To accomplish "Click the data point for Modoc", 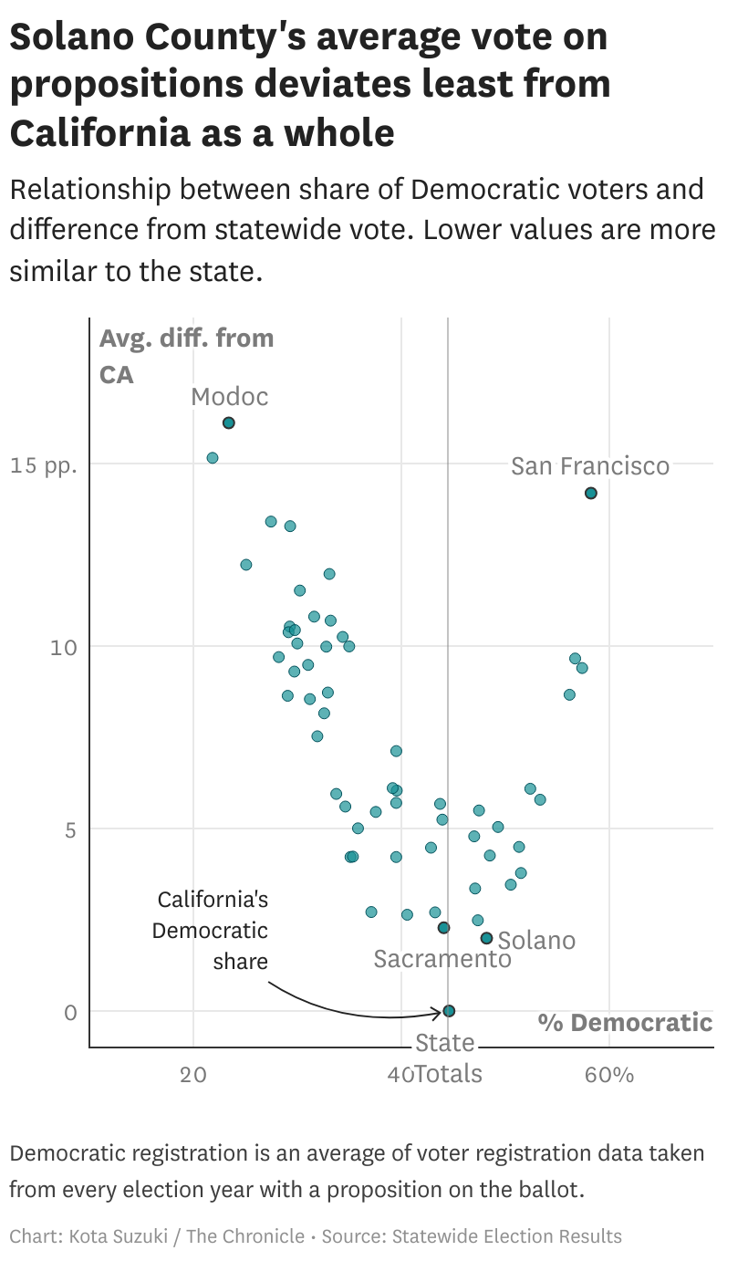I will [229, 422].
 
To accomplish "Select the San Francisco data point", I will [591, 494].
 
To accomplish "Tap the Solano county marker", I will [486, 938].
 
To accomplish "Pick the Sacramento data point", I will [443, 928].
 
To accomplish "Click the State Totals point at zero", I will [449, 1011].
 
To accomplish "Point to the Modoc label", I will [230, 397].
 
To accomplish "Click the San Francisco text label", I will [589, 466].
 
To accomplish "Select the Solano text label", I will [536, 941].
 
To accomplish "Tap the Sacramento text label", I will [442, 959].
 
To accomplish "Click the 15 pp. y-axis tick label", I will [44, 464].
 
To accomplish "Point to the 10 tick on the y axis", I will [59, 647].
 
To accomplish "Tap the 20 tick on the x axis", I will [193, 1074].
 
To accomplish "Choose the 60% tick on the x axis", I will [609, 1074].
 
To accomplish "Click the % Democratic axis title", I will [625, 1022].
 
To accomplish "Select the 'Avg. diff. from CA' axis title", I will [186, 356].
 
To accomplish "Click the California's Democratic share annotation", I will [212, 931].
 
